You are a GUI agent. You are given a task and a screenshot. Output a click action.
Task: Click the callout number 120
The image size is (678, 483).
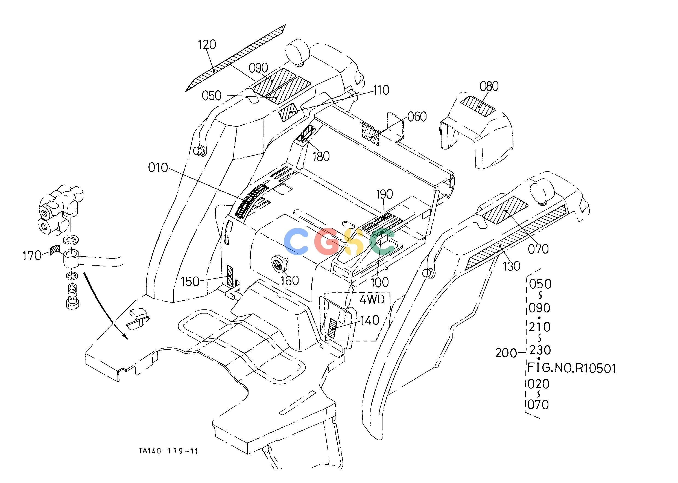[x=207, y=45]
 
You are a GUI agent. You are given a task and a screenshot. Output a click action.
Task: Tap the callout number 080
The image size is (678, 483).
[x=489, y=87]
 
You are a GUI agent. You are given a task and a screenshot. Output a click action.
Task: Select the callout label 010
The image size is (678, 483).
[x=158, y=168]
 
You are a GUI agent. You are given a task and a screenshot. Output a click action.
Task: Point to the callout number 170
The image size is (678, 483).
[x=32, y=255]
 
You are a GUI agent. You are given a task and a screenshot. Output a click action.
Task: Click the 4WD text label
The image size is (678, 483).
[x=372, y=299]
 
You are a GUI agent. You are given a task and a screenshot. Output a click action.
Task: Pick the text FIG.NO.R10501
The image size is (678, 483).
[x=571, y=369]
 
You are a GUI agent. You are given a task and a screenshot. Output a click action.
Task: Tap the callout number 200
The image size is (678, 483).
[x=506, y=353]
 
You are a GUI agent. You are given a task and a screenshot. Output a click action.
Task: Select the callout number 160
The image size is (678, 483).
[x=290, y=280]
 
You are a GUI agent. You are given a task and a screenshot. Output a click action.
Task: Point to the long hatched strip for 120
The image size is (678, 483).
[x=235, y=58]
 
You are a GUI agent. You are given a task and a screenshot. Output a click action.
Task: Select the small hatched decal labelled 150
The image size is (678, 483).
[x=230, y=275]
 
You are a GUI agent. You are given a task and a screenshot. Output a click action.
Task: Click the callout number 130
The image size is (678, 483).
[x=511, y=266]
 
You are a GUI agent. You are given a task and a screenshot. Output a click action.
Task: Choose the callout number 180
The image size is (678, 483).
[x=321, y=156]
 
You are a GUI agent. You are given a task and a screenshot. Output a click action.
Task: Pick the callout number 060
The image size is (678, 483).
[x=417, y=117]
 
